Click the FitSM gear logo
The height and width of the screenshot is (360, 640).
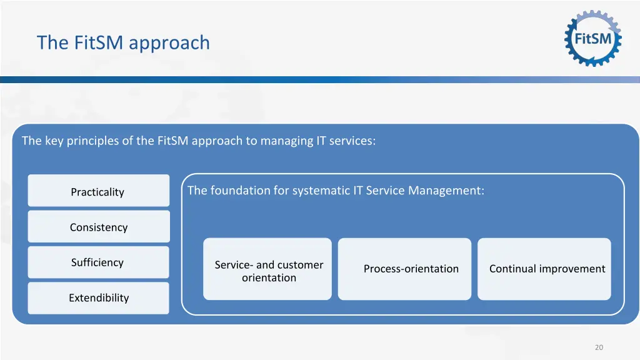click(x=593, y=38)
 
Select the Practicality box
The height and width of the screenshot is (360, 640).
click(x=98, y=191)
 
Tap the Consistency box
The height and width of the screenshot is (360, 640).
click(x=98, y=227)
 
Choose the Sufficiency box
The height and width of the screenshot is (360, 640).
click(x=98, y=262)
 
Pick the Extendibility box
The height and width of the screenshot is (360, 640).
click(x=98, y=298)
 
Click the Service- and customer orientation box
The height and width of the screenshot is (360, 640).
click(x=267, y=269)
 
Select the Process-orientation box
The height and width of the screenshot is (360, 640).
click(x=404, y=269)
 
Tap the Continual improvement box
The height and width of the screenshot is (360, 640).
click(x=544, y=269)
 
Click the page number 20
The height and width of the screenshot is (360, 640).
click(x=599, y=347)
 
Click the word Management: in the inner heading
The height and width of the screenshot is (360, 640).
click(x=446, y=191)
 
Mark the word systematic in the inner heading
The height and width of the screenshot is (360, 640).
click(x=321, y=191)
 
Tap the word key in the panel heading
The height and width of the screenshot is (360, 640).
click(x=51, y=141)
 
